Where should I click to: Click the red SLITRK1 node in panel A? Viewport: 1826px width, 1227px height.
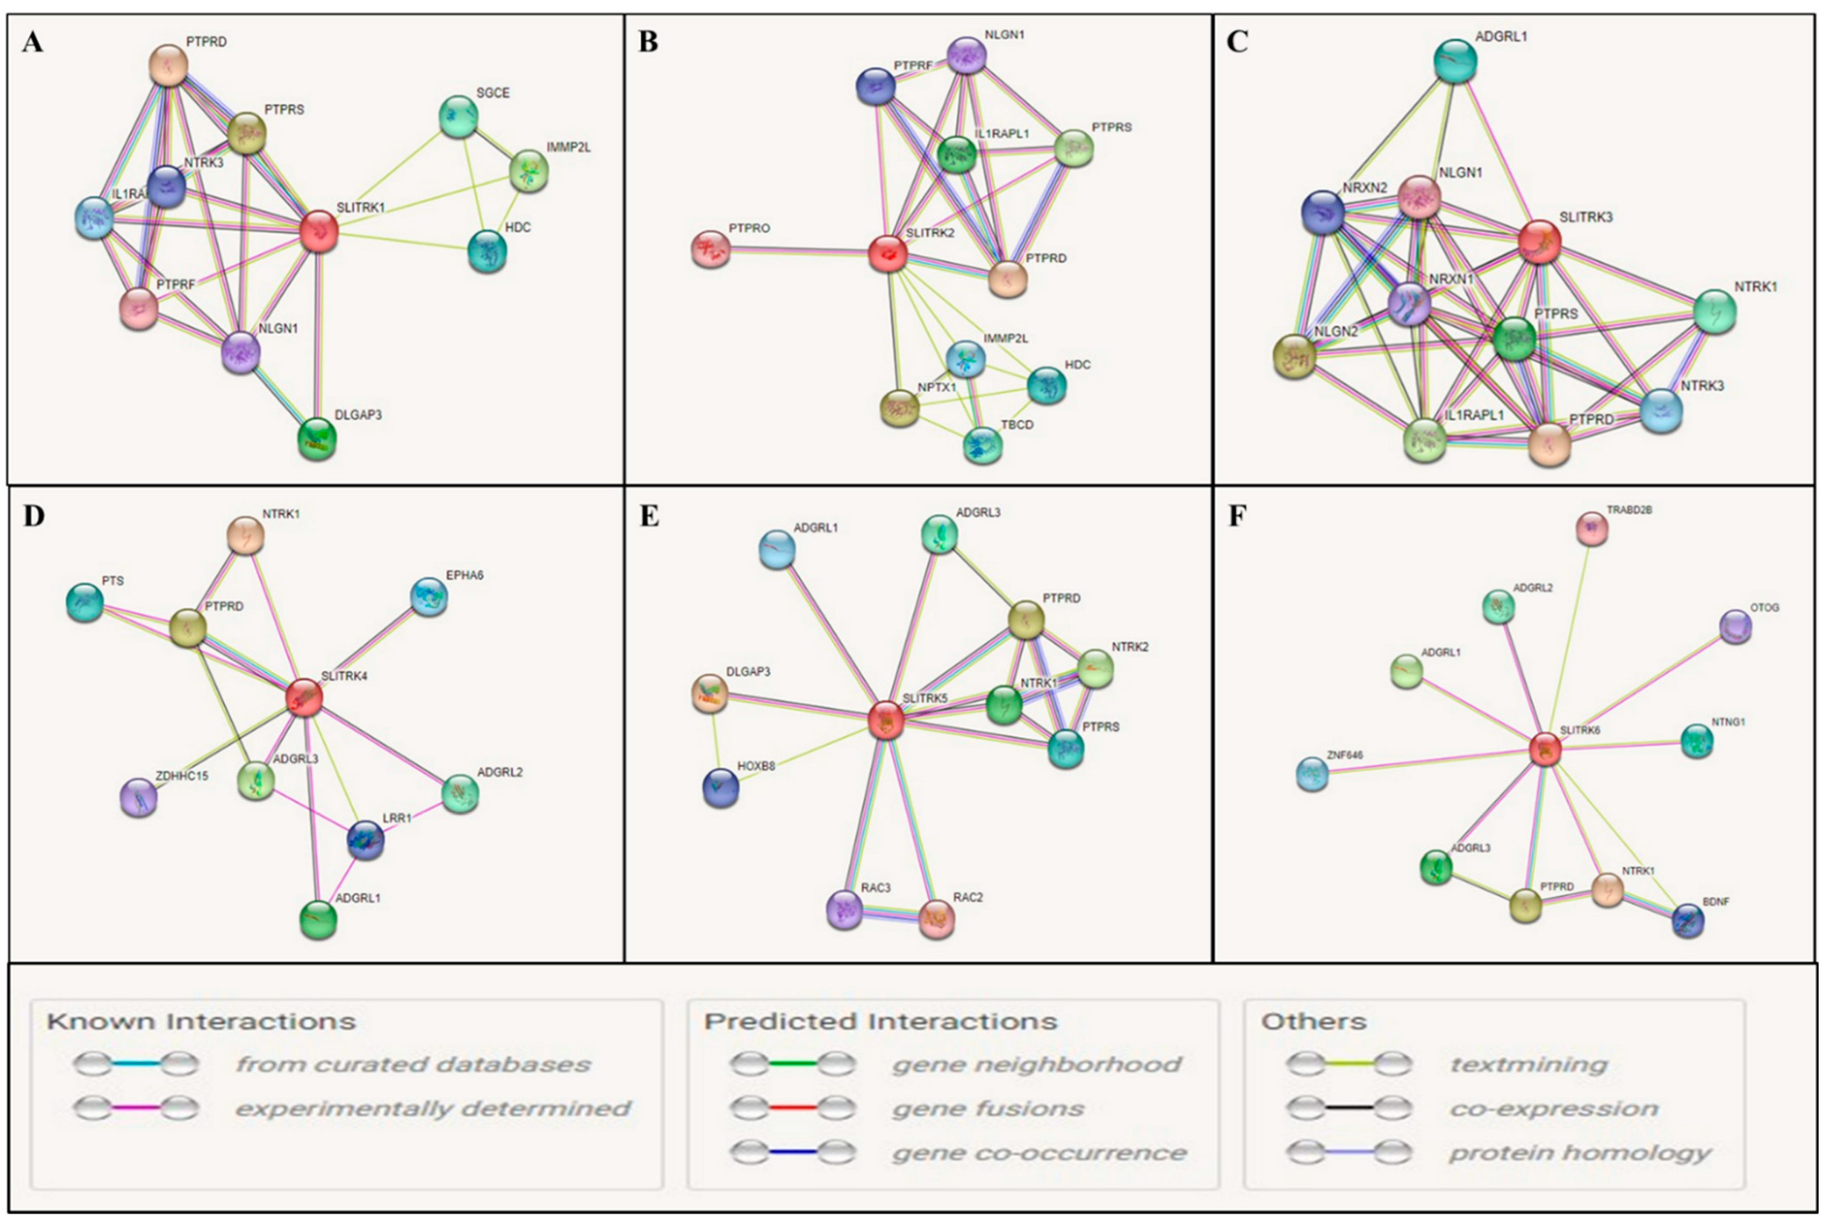pos(319,231)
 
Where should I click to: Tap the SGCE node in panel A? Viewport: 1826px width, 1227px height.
pos(459,116)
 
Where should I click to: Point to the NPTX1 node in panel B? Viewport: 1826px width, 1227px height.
pos(900,407)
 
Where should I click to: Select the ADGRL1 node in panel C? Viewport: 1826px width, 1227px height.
pos(1455,61)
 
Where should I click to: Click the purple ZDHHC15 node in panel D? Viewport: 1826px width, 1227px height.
pos(139,797)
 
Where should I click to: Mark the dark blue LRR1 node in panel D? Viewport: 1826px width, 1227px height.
pos(365,840)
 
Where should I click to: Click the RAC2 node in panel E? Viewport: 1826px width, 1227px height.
pos(937,918)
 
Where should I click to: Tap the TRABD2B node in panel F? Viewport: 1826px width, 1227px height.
pos(1591,529)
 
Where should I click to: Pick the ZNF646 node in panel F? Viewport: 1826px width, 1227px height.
pos(1312,774)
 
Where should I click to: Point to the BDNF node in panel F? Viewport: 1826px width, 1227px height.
pos(1687,921)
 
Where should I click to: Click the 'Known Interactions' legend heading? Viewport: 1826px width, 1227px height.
pos(201,1021)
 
